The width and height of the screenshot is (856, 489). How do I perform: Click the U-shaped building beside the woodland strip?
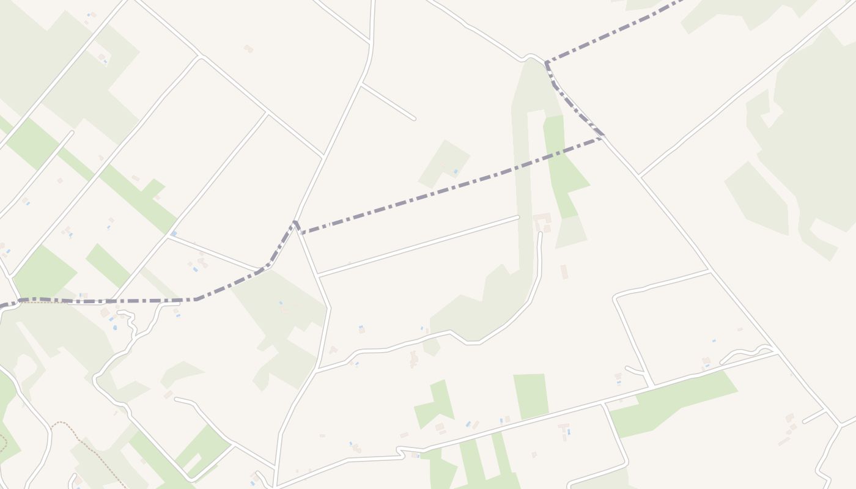[x=542, y=219]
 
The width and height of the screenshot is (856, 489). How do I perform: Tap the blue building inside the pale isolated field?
[x=456, y=172]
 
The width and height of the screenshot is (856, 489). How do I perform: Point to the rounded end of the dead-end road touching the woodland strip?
[x=517, y=217]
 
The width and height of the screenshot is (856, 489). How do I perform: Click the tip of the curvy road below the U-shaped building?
[x=540, y=233]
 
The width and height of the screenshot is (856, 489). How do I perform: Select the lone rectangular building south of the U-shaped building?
[x=564, y=272]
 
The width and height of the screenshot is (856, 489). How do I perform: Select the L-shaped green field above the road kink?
[x=435, y=404]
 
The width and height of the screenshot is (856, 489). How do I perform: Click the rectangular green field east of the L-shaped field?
[x=530, y=396]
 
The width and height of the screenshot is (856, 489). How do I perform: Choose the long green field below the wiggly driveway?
[x=673, y=403]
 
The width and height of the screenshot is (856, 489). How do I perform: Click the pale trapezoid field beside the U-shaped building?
[x=570, y=232]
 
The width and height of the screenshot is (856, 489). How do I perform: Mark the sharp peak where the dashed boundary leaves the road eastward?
[x=296, y=223]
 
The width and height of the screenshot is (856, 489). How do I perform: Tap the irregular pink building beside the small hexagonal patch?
[x=414, y=359]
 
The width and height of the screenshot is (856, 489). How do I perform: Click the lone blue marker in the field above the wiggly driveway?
[x=714, y=340]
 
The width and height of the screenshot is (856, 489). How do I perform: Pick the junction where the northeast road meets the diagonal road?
[x=638, y=176]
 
